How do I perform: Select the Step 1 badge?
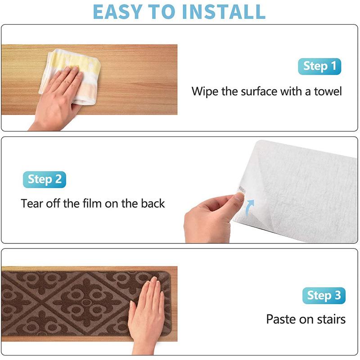tap(319, 67)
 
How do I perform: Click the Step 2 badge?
tap(45, 180)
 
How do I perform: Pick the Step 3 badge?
tap(324, 296)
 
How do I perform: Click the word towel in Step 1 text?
tap(326, 92)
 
